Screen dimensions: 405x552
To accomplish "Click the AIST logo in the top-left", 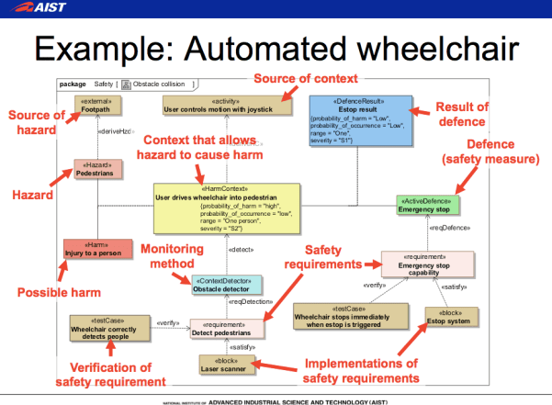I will click(x=37, y=9).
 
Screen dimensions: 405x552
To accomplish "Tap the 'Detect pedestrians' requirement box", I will click(x=227, y=326).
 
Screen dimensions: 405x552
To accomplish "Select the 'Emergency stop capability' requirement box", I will click(x=428, y=264).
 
